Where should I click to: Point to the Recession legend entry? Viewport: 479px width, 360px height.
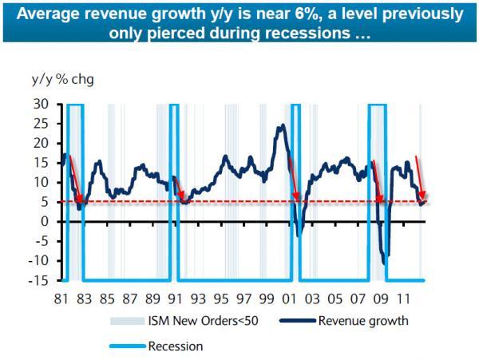pyautogui.click(x=176, y=346)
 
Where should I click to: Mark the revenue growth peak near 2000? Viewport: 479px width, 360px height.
pyautogui.click(x=282, y=125)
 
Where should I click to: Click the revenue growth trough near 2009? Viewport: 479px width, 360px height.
pyautogui.click(x=385, y=263)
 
